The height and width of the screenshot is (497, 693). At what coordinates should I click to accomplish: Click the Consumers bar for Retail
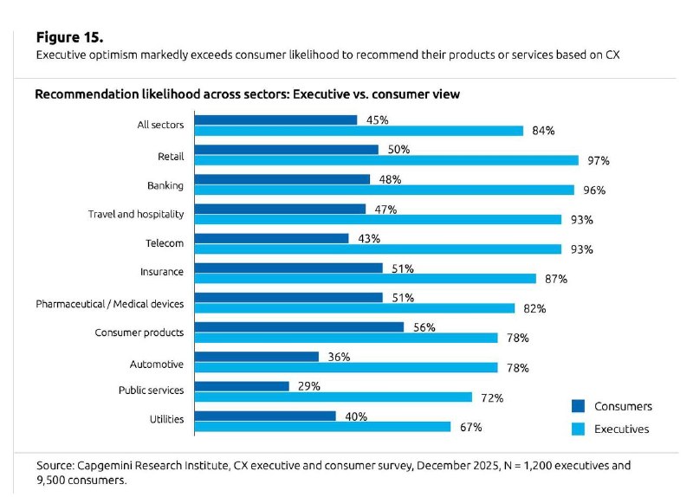point(287,150)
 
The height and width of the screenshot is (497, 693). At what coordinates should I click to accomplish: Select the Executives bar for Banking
point(384,190)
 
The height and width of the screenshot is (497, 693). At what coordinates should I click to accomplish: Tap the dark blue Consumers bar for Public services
point(242,386)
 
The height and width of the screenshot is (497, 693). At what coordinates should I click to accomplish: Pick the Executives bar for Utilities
point(322,427)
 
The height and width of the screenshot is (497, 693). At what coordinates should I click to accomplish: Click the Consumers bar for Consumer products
point(299,327)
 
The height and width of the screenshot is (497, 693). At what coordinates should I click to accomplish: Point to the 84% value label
point(543,131)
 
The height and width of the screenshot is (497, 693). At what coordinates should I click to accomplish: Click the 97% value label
point(599,161)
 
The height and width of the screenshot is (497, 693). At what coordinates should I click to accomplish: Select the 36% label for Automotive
point(339,357)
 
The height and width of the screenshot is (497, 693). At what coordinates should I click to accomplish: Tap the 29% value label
point(309,386)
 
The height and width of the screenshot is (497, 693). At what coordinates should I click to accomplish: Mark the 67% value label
point(470,427)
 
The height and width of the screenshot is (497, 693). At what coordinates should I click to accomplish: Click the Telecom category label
point(165,243)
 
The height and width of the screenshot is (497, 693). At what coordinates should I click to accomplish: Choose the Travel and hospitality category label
point(136,214)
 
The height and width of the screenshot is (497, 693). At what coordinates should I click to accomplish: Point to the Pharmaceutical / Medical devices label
point(110,304)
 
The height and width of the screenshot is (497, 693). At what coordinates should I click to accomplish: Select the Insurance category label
point(162,272)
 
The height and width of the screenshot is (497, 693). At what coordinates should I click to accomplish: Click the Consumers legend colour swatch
point(578,406)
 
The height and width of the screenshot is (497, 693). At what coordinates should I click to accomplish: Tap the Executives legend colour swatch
point(578,429)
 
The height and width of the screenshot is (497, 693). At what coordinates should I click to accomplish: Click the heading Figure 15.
point(70,37)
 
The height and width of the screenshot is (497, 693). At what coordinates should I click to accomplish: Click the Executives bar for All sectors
point(359,131)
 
